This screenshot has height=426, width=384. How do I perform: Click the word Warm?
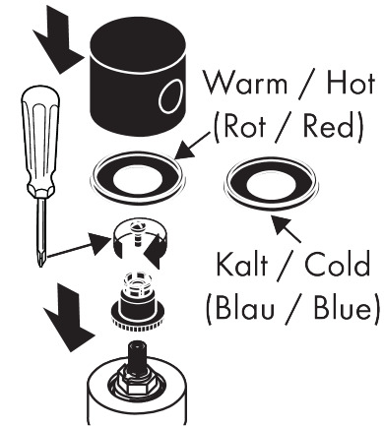(x=245, y=83)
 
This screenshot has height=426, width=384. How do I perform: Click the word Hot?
(x=351, y=83)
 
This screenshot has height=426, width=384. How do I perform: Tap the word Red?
(x=329, y=126)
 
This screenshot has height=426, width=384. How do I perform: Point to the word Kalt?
(x=242, y=264)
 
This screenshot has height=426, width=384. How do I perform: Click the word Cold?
(x=338, y=264)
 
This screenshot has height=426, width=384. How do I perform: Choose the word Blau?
(x=244, y=307)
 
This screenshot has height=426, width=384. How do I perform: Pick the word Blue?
(x=343, y=307)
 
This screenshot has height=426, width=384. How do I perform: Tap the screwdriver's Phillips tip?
(x=40, y=259)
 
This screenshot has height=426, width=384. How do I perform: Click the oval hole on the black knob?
(x=170, y=96)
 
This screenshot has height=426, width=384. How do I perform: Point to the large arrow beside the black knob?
(x=58, y=39)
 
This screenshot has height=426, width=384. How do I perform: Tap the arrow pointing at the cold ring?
(x=286, y=228)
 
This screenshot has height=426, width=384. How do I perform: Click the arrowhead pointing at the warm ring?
(x=186, y=151)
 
